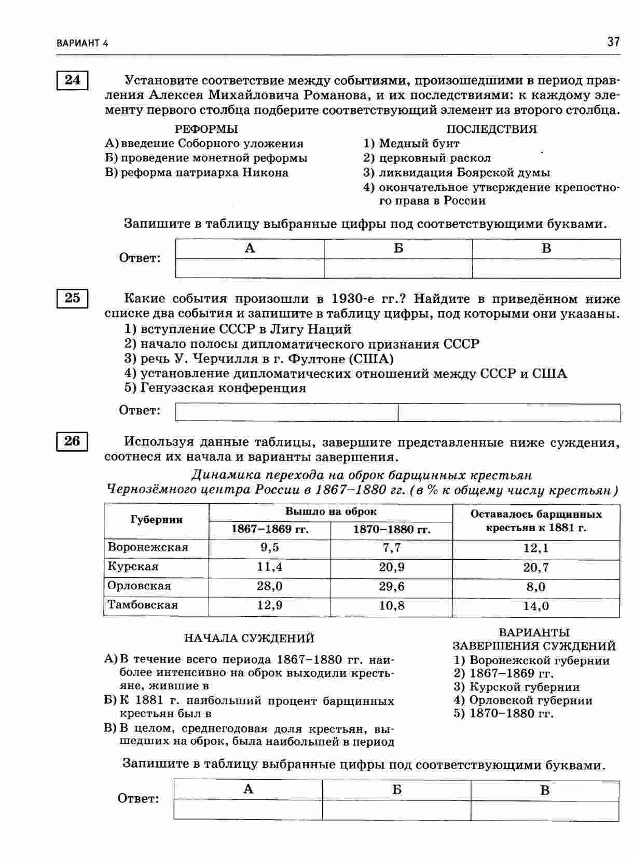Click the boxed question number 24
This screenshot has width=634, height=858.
(x=72, y=80)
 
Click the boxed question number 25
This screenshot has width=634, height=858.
(x=72, y=298)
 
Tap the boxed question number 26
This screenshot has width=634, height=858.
(x=72, y=441)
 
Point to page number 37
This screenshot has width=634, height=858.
(x=613, y=42)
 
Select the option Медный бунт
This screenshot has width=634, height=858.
(x=419, y=143)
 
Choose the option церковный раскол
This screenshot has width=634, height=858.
(x=434, y=158)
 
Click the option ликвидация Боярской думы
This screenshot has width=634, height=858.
(x=464, y=172)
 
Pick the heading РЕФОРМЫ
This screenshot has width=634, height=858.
(x=206, y=129)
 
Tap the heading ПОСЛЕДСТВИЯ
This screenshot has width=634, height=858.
(x=491, y=129)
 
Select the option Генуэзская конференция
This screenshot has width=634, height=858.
(x=223, y=388)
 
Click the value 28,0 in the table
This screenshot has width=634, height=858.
(x=269, y=586)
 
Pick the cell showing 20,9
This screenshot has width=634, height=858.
(x=392, y=567)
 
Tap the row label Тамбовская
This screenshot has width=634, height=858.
(x=143, y=605)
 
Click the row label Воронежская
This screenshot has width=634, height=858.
(x=148, y=547)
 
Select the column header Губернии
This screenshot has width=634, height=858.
(x=157, y=520)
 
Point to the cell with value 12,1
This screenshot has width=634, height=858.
(x=536, y=548)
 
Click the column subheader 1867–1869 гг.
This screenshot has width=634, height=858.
(x=270, y=530)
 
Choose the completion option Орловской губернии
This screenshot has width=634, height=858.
(x=530, y=700)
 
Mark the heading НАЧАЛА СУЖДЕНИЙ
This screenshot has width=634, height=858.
(x=249, y=638)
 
